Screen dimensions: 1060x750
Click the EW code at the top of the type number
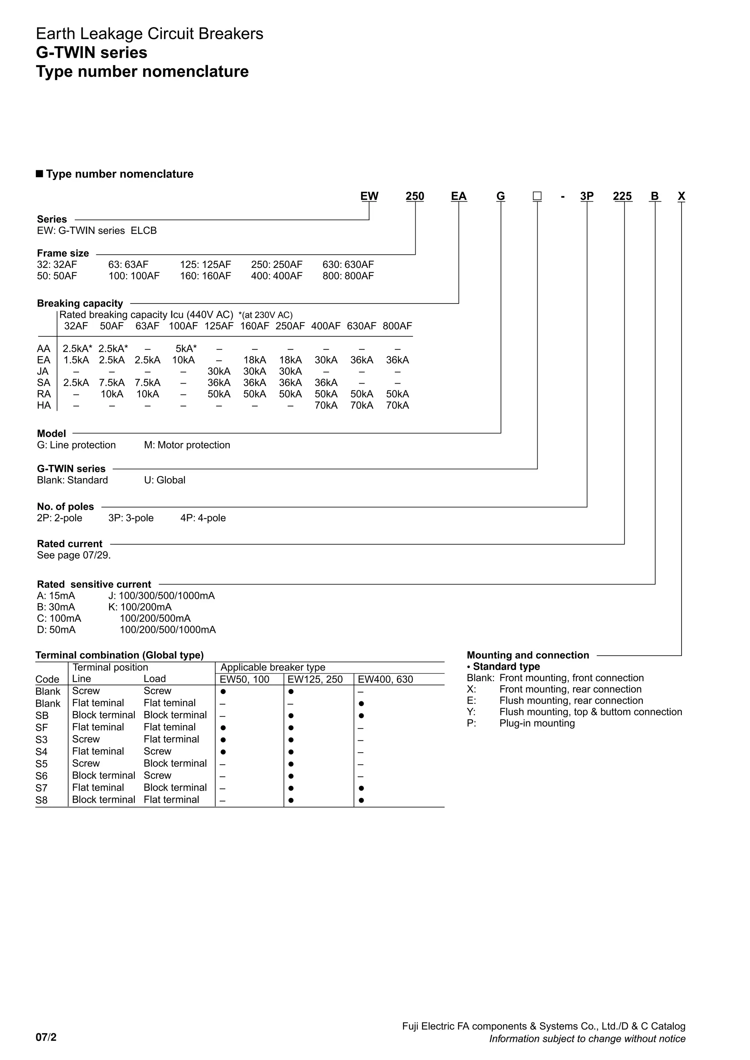(x=369, y=196)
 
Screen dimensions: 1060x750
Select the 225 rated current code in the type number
(x=622, y=196)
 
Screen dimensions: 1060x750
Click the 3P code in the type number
(x=587, y=196)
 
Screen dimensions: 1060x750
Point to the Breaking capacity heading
(x=80, y=303)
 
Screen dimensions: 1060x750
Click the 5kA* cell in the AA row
(x=186, y=348)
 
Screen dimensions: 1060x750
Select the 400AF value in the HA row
(x=326, y=405)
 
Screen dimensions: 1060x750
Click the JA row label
(x=42, y=371)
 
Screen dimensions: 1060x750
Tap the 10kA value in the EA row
(x=183, y=360)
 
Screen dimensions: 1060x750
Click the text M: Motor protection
(x=187, y=445)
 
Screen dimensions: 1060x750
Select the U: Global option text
(x=164, y=480)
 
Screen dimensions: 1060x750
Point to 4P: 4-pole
(x=203, y=518)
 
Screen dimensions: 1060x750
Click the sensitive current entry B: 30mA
(x=56, y=607)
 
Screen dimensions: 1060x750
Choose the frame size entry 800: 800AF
(x=348, y=276)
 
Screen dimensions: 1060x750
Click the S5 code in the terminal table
(x=41, y=764)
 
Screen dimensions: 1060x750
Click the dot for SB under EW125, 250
(x=291, y=716)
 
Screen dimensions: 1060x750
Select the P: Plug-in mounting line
(x=521, y=723)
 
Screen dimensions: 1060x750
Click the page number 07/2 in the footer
(x=46, y=1037)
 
